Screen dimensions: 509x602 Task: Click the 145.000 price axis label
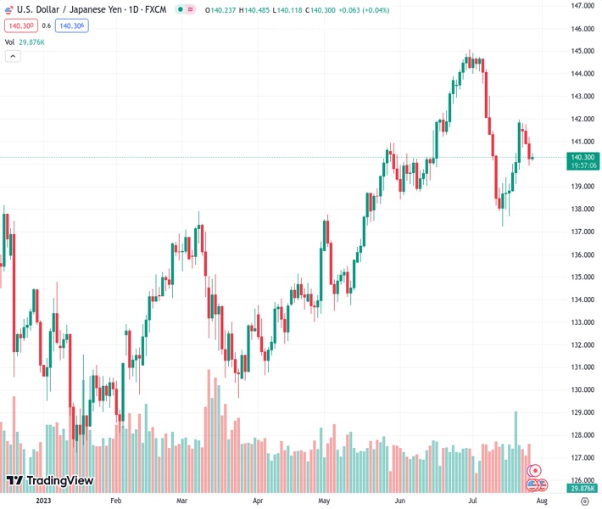582,51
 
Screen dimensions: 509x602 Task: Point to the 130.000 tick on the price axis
582,390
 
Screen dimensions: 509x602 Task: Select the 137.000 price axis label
582,232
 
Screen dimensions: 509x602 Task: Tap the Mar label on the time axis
181,501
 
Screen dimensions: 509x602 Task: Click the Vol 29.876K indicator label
25,42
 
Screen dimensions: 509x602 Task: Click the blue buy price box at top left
71,25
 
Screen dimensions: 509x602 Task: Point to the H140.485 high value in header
259,9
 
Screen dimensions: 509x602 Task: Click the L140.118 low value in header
299,9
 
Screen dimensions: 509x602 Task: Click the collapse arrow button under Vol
13,56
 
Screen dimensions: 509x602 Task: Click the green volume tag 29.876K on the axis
582,488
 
